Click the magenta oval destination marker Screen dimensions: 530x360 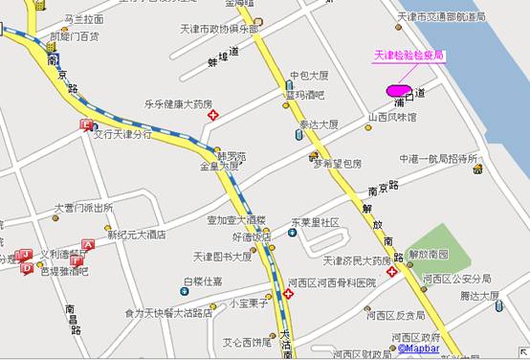coord(394,91)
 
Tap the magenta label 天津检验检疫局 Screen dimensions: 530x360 coord(409,56)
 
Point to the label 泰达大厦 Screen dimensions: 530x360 coord(320,124)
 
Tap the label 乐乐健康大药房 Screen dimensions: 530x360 coord(178,103)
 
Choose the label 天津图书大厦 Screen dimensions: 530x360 coord(222,257)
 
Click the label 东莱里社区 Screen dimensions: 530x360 coord(316,222)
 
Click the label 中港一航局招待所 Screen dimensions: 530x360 coord(438,159)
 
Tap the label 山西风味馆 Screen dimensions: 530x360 coord(392,118)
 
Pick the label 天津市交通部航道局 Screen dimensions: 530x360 coord(441,17)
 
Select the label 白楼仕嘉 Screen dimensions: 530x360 coord(202,281)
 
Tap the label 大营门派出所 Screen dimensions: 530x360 coord(83,207)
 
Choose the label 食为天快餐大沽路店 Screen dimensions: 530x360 coord(168,312)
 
